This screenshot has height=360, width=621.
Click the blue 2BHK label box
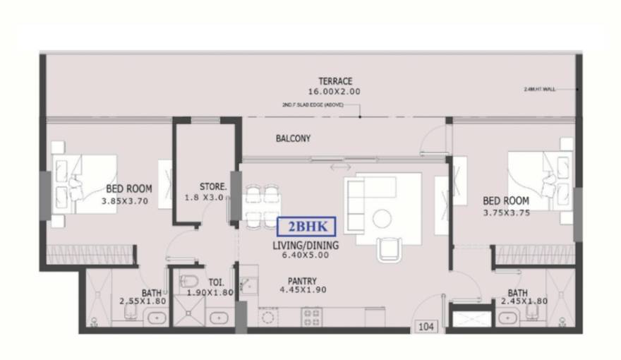click(x=306, y=227)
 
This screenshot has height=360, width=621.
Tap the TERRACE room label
click(x=334, y=81)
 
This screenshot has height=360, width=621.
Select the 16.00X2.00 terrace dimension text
click(x=334, y=92)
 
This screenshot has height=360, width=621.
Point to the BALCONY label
click(x=293, y=139)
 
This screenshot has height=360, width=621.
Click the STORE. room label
click(x=213, y=187)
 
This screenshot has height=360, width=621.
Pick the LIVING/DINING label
click(x=306, y=246)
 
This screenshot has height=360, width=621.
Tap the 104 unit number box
click(x=426, y=326)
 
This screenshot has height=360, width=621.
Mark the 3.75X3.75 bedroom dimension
click(x=506, y=212)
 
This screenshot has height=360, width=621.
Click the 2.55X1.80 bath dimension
click(x=141, y=301)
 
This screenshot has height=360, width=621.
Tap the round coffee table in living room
click(x=382, y=219)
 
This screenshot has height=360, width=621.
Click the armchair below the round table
click(x=390, y=248)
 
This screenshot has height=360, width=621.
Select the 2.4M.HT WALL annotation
click(x=541, y=90)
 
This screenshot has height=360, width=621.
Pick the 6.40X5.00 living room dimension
click(x=306, y=256)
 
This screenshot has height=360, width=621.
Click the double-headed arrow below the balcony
click(x=339, y=168)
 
